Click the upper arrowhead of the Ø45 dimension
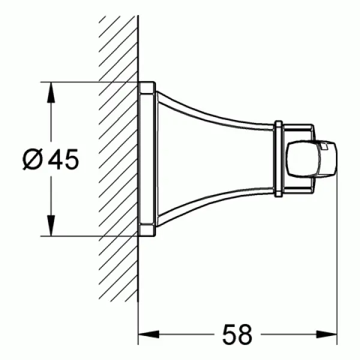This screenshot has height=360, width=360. click(51, 90)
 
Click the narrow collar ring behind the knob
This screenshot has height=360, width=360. click(278, 160)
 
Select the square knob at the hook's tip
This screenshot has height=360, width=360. click(312, 160)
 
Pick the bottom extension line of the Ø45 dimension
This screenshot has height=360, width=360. click(90, 236)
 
